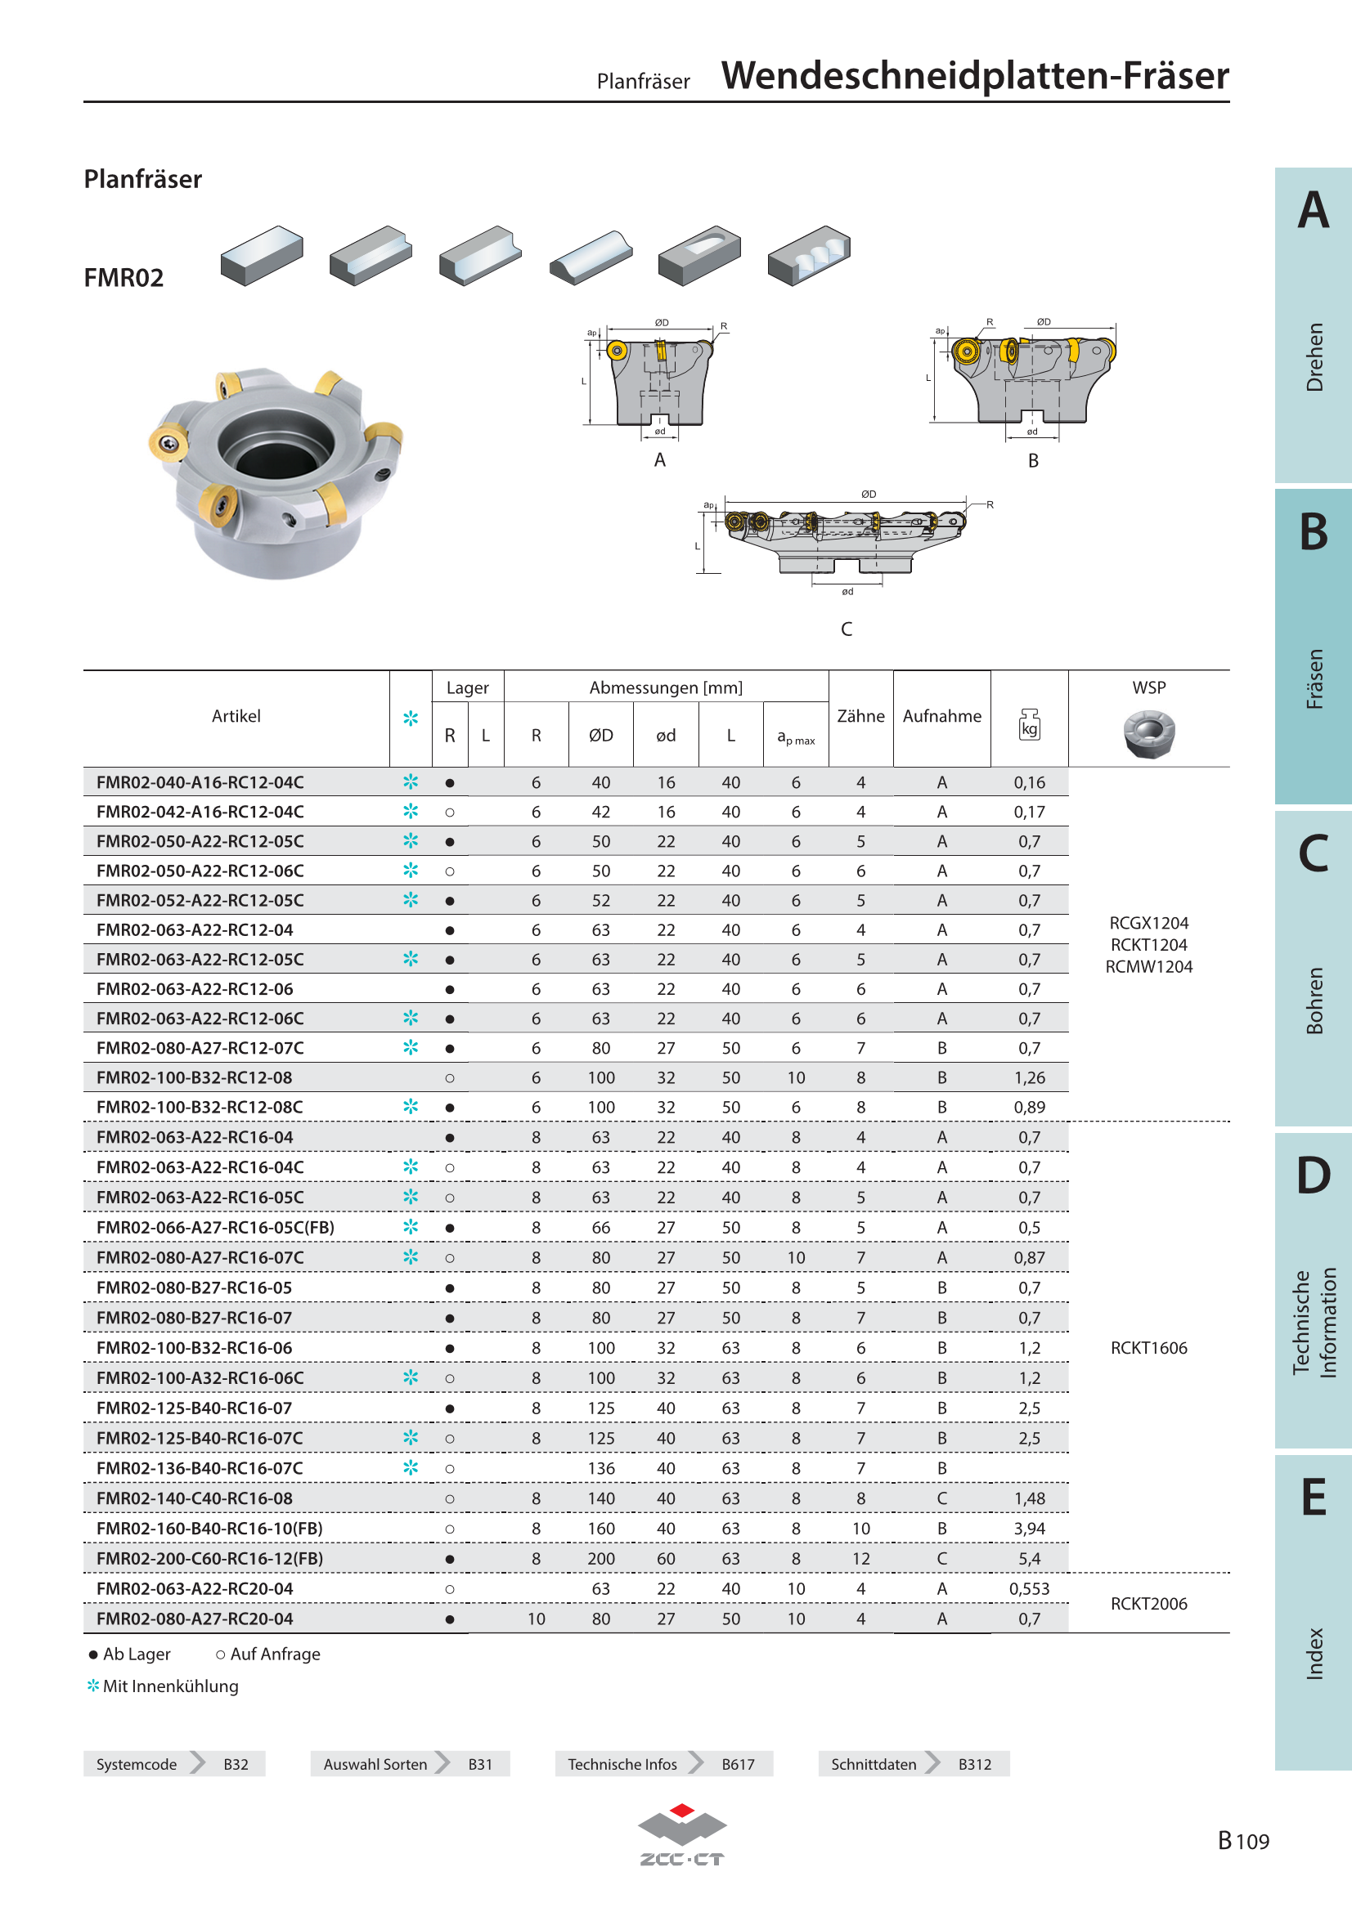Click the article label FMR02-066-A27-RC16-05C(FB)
point(215,1228)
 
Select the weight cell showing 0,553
point(1029,1589)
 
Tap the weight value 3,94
point(1029,1529)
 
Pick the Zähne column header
point(860,716)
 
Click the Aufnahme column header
point(942,716)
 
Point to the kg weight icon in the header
point(1030,724)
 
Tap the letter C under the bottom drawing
point(847,629)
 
